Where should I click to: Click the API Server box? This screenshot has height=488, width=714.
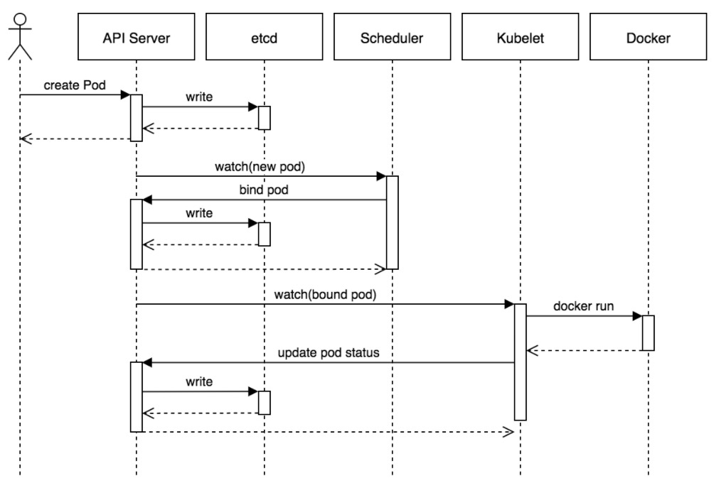coord(136,37)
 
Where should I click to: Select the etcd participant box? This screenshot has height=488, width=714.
coord(264,37)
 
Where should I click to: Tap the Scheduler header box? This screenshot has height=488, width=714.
coord(392,37)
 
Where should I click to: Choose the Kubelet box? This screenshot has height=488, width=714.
coord(520,37)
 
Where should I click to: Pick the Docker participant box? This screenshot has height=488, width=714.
coord(648,37)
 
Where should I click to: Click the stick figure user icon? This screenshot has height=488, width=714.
coord(20,36)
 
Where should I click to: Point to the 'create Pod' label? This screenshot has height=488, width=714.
coord(75,85)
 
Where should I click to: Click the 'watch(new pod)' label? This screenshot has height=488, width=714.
coord(260,167)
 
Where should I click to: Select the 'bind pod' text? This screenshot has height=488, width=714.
coord(264,190)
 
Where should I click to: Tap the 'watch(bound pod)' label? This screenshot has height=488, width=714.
coord(325,295)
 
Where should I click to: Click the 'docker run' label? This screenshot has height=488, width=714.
coord(583,306)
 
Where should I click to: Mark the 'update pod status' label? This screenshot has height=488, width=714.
coord(329,353)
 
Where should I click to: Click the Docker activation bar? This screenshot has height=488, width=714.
coord(648,333)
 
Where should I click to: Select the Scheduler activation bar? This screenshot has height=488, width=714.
coord(392,222)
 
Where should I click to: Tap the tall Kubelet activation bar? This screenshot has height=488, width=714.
coord(520,362)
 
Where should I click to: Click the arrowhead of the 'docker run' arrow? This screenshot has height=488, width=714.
coord(637,315)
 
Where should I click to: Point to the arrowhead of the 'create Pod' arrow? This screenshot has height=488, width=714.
coord(125,94)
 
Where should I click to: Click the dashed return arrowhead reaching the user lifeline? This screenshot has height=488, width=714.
coord(26,139)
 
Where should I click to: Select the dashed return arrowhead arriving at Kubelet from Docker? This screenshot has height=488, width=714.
coord(532,350)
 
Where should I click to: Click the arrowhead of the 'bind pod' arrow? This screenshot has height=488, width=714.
coord(147,200)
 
